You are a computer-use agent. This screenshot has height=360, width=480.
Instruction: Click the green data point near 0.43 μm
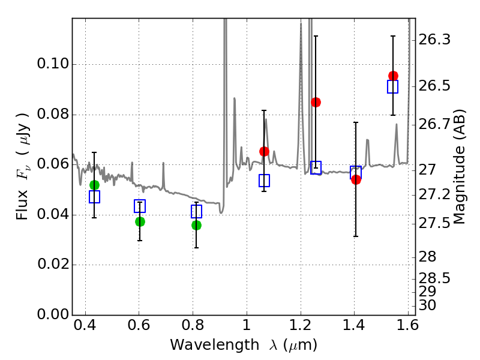pos(94,185)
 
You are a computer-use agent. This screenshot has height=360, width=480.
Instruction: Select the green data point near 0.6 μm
pos(140,221)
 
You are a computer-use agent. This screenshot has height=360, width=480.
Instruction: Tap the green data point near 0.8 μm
pos(196,225)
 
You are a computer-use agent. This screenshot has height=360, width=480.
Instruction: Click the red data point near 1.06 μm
pos(264,151)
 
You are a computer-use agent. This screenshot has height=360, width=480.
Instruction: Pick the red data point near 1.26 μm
pos(316,102)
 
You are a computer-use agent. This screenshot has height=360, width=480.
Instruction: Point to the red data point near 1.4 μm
pos(356,179)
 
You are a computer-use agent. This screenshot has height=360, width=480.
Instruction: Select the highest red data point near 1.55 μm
pos(393,76)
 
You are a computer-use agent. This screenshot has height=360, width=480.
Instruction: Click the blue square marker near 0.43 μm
pos(94,196)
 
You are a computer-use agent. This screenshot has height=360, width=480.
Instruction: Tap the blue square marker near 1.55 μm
pos(393,87)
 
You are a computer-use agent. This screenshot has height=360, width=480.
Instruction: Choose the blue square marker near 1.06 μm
pos(264,181)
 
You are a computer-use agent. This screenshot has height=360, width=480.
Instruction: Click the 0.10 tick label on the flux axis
pos(52,64)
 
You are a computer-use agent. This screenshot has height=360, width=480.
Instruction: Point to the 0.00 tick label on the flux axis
pos(52,314)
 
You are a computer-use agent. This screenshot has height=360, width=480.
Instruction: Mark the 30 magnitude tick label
pos(430,305)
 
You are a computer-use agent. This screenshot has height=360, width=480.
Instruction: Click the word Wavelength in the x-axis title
pos(204,345)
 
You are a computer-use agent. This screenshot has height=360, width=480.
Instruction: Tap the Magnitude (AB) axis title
pos(460,166)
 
